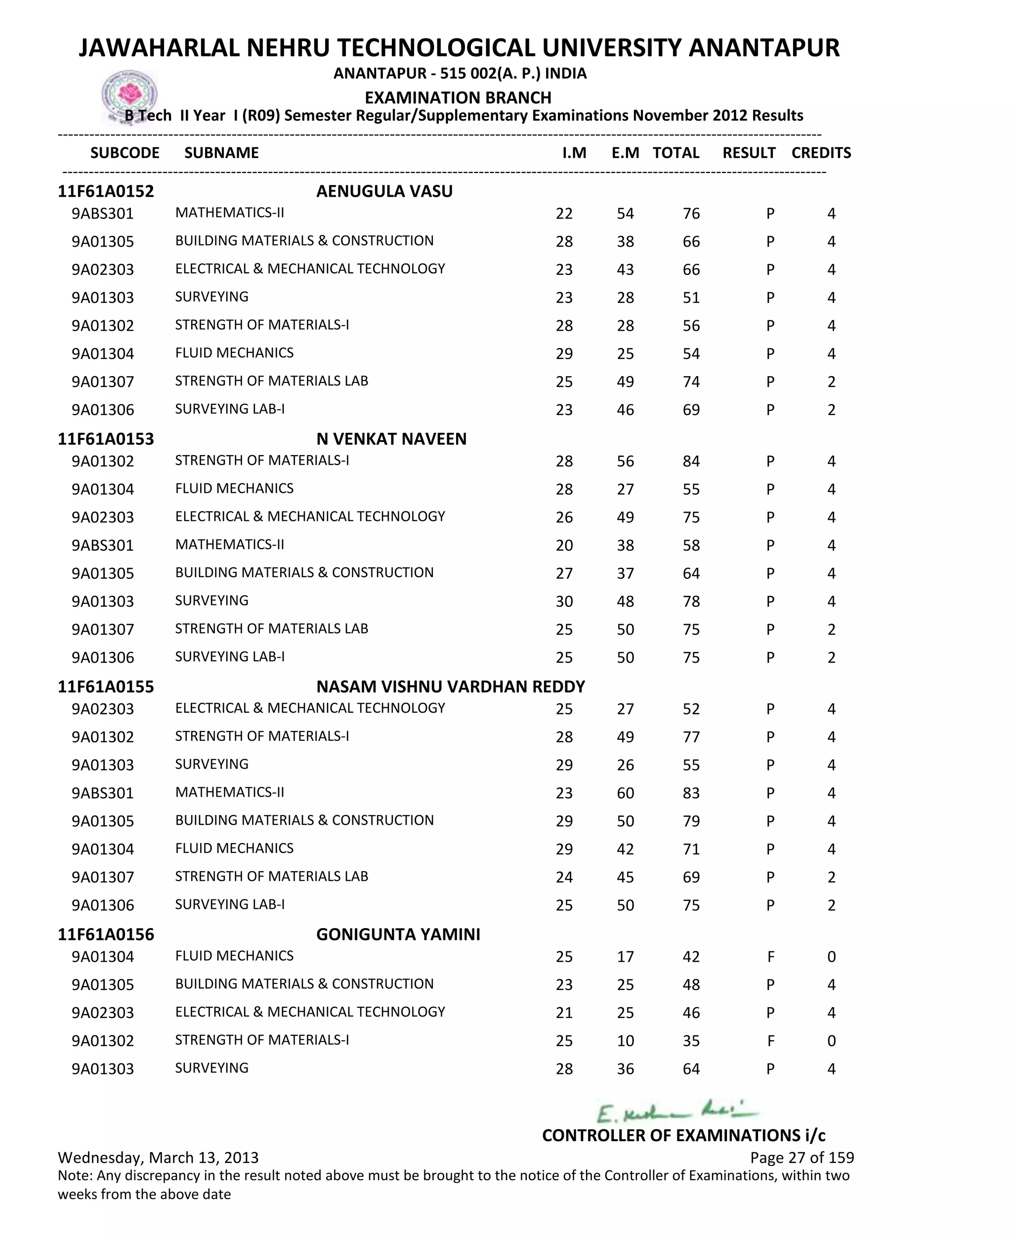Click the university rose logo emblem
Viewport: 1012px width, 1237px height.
pos(129,94)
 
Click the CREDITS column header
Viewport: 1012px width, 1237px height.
pos(821,153)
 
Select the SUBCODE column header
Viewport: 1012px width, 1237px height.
pos(125,153)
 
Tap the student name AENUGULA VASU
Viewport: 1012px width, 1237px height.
pos(384,191)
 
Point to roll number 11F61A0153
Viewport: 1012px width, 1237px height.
pos(106,439)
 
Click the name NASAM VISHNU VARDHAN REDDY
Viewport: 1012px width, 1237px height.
pos(450,687)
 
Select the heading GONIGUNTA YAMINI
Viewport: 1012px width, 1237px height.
pos(398,935)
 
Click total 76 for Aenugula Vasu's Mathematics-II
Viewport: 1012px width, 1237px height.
pos(691,214)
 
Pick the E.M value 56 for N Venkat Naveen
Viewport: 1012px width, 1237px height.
pos(625,462)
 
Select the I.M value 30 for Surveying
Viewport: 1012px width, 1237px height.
pos(564,601)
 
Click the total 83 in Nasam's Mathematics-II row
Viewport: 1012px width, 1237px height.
pos(691,793)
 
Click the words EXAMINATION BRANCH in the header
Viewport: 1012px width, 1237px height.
pos(458,97)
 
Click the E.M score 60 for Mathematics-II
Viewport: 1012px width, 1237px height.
pos(625,793)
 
